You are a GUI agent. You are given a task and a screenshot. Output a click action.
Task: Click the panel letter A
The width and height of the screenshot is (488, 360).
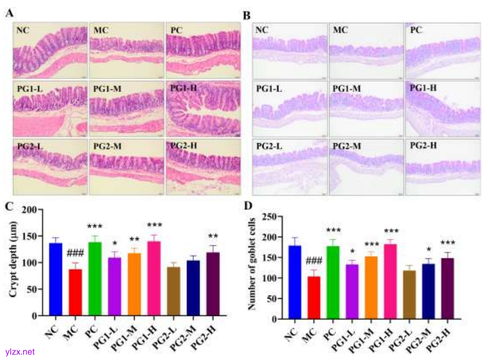tap(9, 12)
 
